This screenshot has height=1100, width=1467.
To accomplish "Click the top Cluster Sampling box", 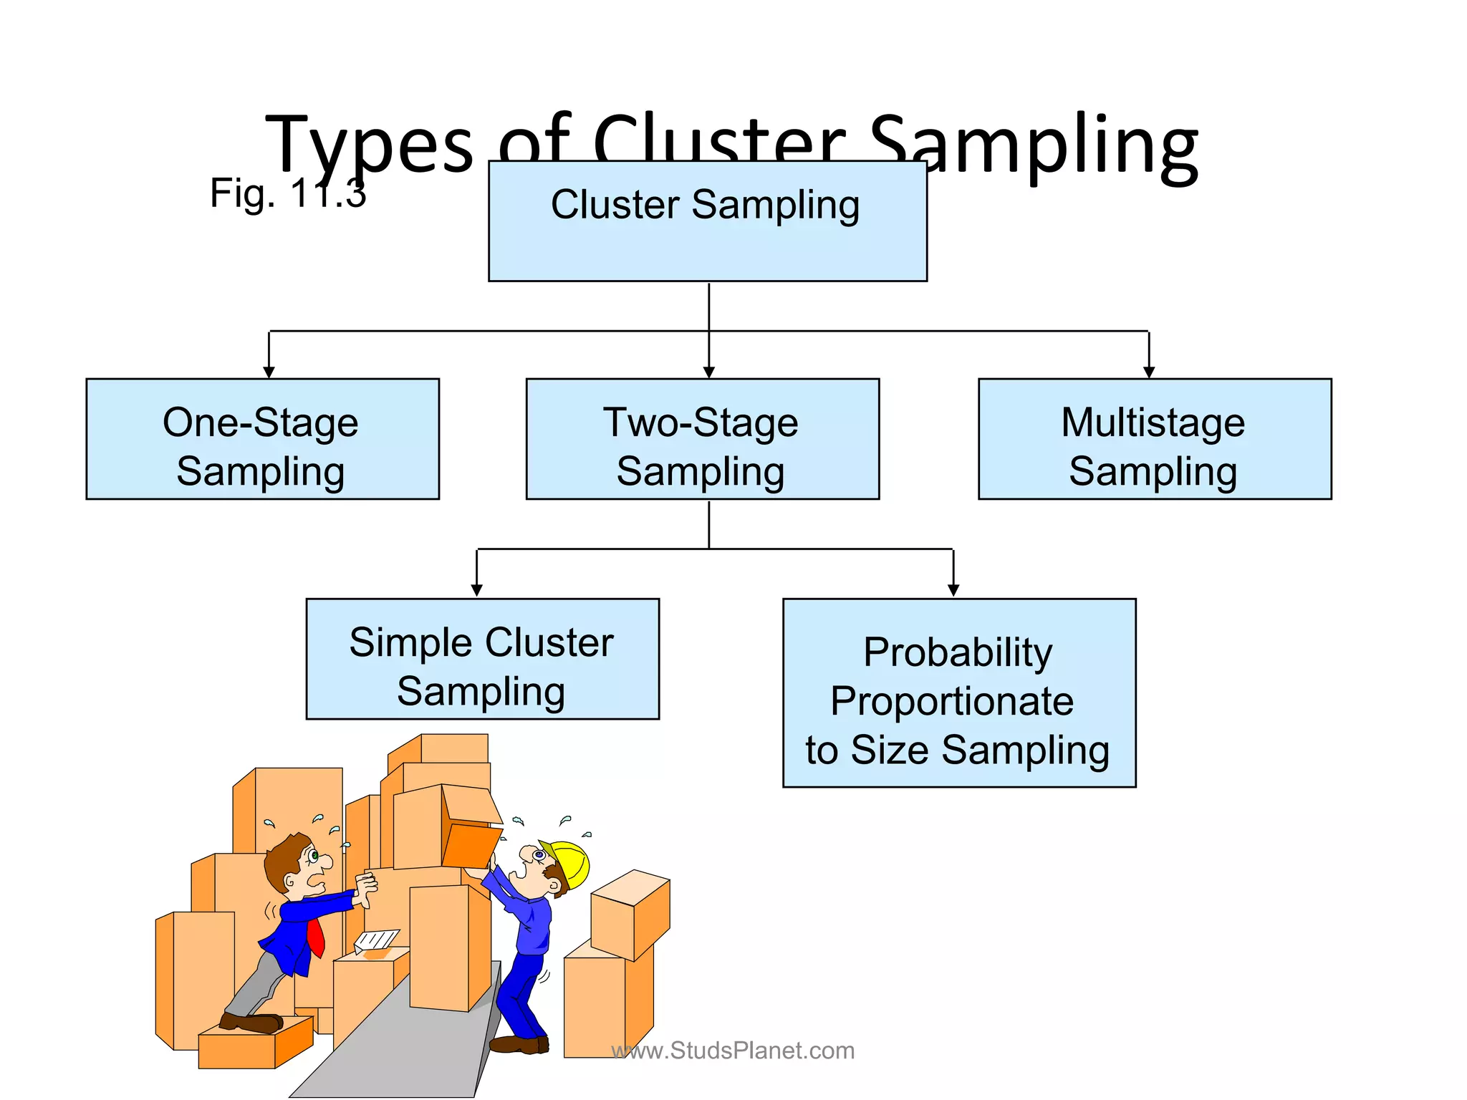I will pos(707,221).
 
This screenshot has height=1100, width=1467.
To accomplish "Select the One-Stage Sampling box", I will pos(262,438).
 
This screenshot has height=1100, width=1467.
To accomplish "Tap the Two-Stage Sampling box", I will pos(702,438).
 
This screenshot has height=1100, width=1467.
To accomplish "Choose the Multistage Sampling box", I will pos(1154,438).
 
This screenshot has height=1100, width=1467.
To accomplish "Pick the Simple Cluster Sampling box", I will pos(482,658).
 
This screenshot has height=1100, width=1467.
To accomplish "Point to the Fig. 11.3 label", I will pos(287,193).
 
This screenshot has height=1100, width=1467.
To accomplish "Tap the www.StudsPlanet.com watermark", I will pos(733,1051).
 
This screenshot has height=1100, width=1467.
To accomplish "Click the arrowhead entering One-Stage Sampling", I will pos(269,372).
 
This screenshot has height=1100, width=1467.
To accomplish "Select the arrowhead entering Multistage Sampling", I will pos(1149,372).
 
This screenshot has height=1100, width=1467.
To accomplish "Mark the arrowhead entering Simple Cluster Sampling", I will pos(476,591).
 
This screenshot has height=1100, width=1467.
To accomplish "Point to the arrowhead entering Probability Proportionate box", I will pos(953,591).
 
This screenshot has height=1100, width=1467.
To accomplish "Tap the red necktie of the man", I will pos(316,939).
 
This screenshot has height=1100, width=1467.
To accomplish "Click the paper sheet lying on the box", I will pos(376,940).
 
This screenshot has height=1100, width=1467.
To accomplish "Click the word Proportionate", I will pos(951,701).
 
